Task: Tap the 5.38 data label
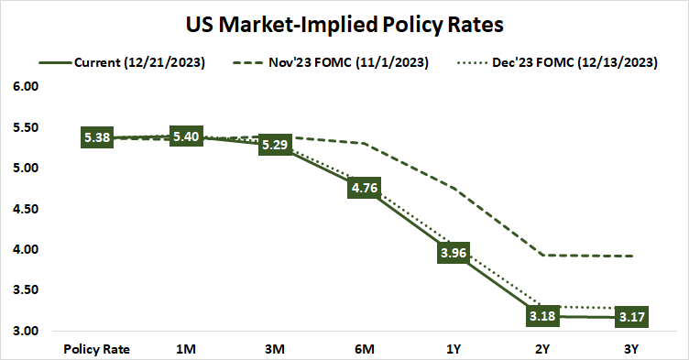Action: tap(97, 138)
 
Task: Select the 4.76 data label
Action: tap(364, 189)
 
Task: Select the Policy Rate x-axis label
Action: tap(97, 348)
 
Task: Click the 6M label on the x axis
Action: tap(364, 348)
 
